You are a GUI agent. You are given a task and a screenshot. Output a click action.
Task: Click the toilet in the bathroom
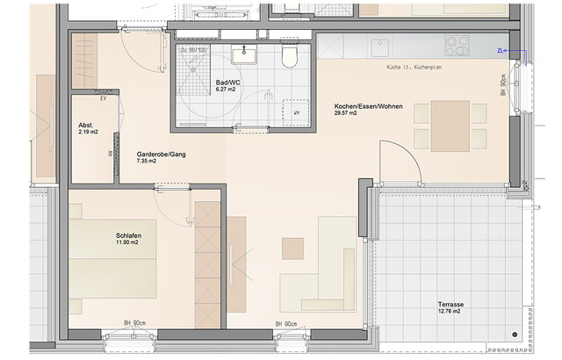(x=289, y=58)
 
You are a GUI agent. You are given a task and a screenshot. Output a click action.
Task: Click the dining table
(x=450, y=126)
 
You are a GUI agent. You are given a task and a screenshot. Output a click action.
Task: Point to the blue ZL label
(x=501, y=51)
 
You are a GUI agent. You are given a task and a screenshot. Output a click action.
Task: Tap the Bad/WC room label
(x=227, y=83)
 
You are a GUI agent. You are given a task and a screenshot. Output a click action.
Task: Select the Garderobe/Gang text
(x=161, y=154)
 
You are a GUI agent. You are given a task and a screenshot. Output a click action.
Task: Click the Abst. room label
(x=85, y=125)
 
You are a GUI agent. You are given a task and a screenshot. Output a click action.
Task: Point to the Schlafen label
(x=129, y=237)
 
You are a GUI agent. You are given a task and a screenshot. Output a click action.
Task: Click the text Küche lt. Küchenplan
(x=413, y=68)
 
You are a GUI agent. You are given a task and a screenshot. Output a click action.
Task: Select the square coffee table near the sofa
(x=292, y=248)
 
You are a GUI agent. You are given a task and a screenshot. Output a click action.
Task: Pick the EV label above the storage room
(x=104, y=99)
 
